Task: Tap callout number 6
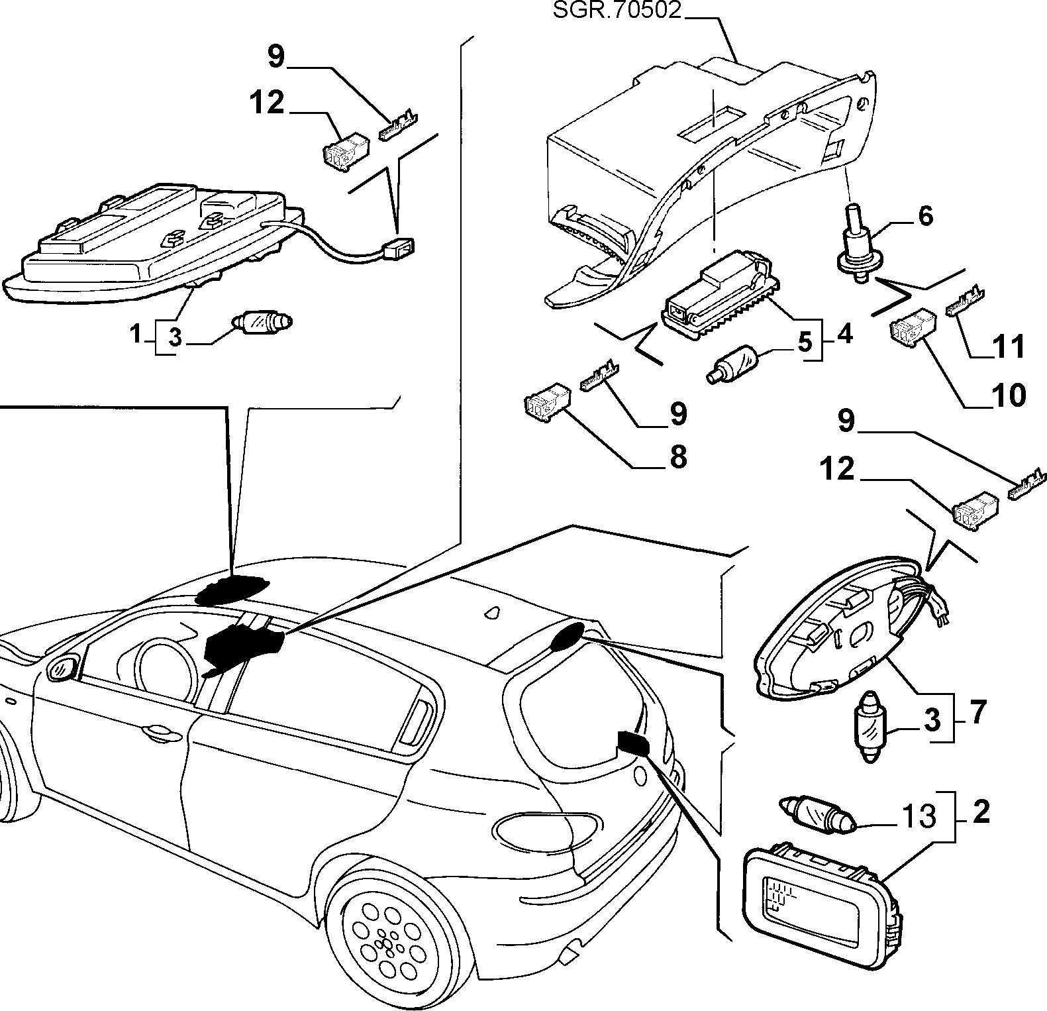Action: point(925,215)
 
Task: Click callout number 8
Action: point(678,457)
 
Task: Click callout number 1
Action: point(136,335)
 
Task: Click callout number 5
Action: point(804,342)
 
